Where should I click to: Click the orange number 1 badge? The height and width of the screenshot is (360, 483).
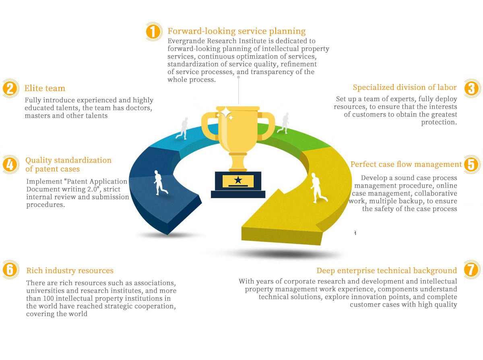click(x=154, y=31)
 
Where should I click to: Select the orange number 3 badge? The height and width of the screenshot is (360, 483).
click(x=472, y=89)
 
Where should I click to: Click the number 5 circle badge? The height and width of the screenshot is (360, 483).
click(x=472, y=165)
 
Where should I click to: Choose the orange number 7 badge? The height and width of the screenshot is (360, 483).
click(x=472, y=269)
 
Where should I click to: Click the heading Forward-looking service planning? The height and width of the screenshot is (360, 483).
click(x=237, y=31)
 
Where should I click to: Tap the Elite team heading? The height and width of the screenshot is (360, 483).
click(x=45, y=88)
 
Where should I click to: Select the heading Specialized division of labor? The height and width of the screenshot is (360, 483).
click(x=405, y=87)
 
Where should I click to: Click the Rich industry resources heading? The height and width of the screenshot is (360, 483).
click(x=70, y=271)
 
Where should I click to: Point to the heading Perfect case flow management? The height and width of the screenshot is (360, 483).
click(x=406, y=164)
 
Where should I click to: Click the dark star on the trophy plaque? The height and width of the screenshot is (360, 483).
click(x=238, y=180)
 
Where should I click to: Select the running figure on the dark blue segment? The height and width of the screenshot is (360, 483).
click(x=160, y=182)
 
